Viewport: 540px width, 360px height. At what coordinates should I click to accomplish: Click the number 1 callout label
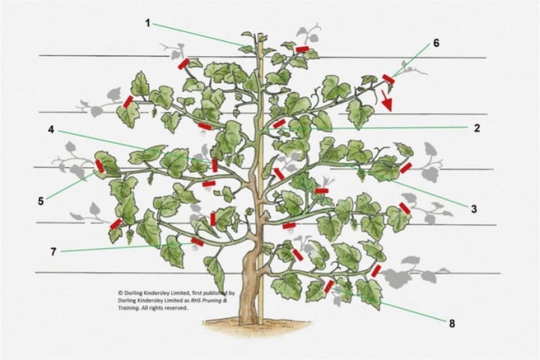tap(148, 22)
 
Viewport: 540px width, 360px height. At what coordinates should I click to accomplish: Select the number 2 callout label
tap(476, 127)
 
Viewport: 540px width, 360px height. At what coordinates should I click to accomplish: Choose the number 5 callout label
tap(42, 200)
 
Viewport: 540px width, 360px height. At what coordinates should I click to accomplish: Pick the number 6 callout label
tap(435, 43)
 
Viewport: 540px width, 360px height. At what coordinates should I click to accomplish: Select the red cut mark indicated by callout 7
tap(197, 241)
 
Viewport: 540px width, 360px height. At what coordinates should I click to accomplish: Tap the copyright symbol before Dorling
tap(120, 294)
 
